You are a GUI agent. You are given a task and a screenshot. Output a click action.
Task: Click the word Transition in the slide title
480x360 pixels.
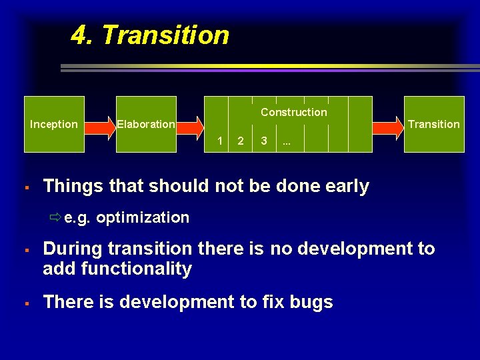pyautogui.click(x=165, y=35)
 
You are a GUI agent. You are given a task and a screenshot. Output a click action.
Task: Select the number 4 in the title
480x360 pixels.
pyautogui.click(x=81, y=35)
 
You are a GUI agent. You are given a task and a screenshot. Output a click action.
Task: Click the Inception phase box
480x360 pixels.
pyautogui.click(x=54, y=124)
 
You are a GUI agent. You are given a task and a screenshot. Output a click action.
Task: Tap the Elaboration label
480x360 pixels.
pyautogui.click(x=145, y=124)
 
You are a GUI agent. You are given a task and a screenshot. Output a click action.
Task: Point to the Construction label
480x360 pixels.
pyautogui.click(x=293, y=112)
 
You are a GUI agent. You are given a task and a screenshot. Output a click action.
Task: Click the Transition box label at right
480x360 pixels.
pyautogui.click(x=433, y=124)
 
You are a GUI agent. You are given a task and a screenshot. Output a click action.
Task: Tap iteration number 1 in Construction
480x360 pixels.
pyautogui.click(x=220, y=141)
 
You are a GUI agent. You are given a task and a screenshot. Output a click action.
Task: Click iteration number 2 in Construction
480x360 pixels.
pyautogui.click(x=241, y=141)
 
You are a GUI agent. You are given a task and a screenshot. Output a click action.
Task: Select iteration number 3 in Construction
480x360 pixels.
pyautogui.click(x=265, y=141)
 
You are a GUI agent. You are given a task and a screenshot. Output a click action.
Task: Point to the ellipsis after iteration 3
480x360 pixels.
pyautogui.click(x=286, y=142)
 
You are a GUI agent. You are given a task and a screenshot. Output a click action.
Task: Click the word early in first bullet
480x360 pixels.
pyautogui.click(x=346, y=187)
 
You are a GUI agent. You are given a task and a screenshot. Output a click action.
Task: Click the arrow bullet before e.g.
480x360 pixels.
pyautogui.click(x=55, y=217)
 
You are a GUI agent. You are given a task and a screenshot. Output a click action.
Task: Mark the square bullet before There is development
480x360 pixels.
pyautogui.click(x=25, y=303)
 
